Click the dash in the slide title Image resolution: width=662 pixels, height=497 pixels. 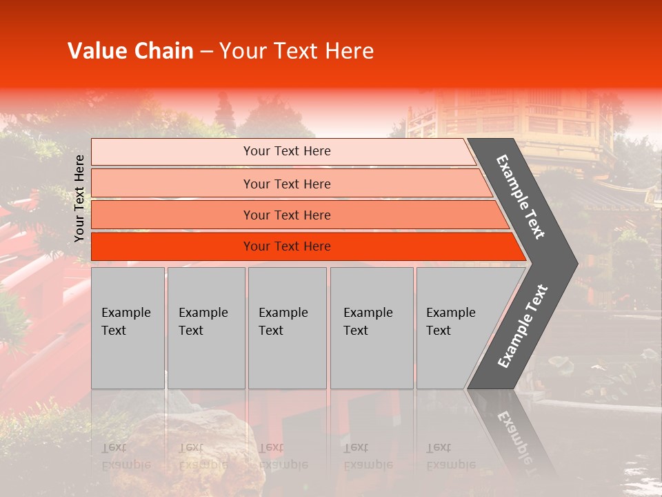(206, 52)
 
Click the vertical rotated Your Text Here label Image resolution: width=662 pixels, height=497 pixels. (79, 198)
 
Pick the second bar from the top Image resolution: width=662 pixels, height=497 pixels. (287, 184)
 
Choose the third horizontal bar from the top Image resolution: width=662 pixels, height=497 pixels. (287, 215)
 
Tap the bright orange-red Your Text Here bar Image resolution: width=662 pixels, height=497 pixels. (287, 246)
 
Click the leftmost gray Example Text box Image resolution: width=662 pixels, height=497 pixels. (128, 327)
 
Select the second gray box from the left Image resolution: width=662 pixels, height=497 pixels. (205, 327)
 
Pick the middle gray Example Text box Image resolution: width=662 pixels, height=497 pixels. (287, 327)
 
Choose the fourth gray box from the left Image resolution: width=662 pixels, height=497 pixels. (372, 327)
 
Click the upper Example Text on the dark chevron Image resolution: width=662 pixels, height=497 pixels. (521, 196)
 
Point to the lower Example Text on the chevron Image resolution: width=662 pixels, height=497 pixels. (522, 326)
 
